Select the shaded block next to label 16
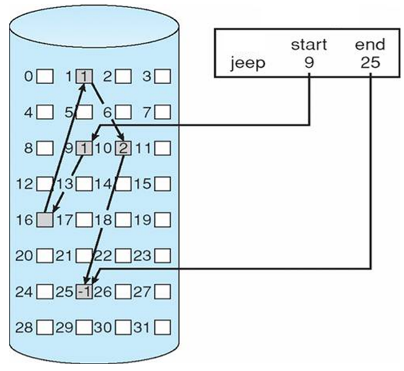click(45, 219)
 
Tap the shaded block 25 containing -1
click(84, 291)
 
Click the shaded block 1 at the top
click(84, 77)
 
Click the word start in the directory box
click(308, 45)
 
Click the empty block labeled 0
click(45, 77)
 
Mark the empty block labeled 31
click(162, 326)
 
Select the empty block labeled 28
click(45, 326)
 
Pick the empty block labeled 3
click(162, 77)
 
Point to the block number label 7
click(148, 113)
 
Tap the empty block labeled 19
click(162, 219)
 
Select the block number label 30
click(105, 326)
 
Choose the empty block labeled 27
click(162, 291)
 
